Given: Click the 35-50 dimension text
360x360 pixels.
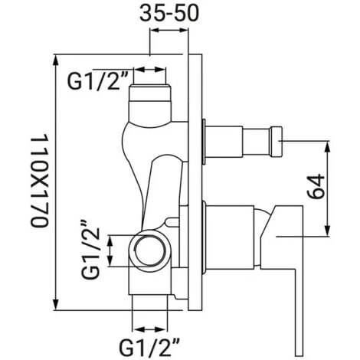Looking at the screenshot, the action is (x=169, y=13).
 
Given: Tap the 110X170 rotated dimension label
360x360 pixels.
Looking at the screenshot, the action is (x=39, y=181).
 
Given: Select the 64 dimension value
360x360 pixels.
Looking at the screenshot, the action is (x=316, y=187).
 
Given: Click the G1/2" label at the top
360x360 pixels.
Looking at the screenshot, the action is (x=93, y=81).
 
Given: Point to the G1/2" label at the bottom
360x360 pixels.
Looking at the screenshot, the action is (x=149, y=348).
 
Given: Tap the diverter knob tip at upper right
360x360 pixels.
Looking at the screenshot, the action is (x=276, y=141).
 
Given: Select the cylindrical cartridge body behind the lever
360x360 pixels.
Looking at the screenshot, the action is (x=230, y=237).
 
